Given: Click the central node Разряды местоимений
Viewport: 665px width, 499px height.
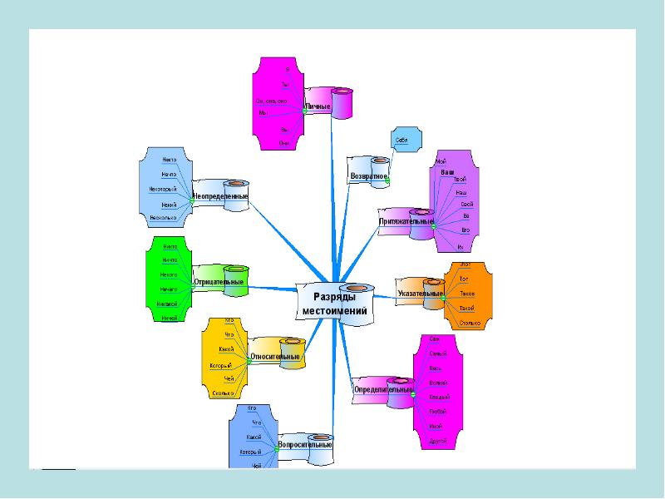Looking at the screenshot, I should (335, 304).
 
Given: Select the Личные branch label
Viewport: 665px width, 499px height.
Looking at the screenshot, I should (318, 107).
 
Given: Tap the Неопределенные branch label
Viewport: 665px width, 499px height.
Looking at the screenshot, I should (219, 196).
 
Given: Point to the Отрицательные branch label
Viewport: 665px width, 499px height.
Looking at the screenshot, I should (218, 283).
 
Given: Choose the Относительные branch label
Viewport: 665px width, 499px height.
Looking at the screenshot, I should (274, 357).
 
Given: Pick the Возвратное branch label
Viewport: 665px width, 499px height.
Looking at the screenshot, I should (368, 176).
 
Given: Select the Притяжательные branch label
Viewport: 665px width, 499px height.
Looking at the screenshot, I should (406, 222).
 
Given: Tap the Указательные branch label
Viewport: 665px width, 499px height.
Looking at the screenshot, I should (420, 294).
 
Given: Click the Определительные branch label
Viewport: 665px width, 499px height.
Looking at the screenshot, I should (382, 389).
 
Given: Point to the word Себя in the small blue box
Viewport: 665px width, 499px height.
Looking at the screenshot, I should (401, 140).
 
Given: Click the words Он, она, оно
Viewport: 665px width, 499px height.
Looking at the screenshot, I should (271, 101).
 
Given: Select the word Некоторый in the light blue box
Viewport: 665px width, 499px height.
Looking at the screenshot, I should (163, 189).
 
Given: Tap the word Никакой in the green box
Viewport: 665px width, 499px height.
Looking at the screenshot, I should (167, 304).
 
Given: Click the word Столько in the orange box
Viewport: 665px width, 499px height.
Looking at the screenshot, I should (470, 323).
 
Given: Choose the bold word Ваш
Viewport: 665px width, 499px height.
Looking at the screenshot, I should (447, 172).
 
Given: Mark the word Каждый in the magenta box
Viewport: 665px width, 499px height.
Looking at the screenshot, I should (439, 397).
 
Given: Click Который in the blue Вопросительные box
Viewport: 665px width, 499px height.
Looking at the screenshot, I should (251, 452).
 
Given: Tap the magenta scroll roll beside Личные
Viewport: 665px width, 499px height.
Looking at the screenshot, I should (342, 101).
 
